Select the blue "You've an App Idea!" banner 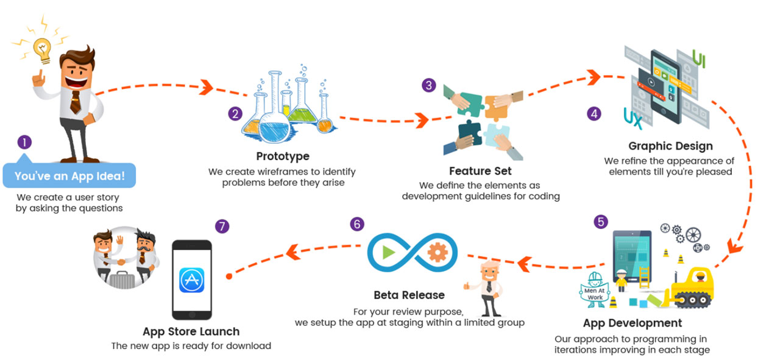[69, 176]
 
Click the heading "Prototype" [283, 157]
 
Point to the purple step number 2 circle [235, 113]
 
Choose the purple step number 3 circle [429, 85]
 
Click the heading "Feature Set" [480, 171]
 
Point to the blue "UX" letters [633, 118]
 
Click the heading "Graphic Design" [670, 146]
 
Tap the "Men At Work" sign [595, 286]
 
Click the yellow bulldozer [695, 287]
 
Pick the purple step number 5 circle [601, 222]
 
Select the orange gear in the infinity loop [437, 252]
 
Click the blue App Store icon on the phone [191, 280]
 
